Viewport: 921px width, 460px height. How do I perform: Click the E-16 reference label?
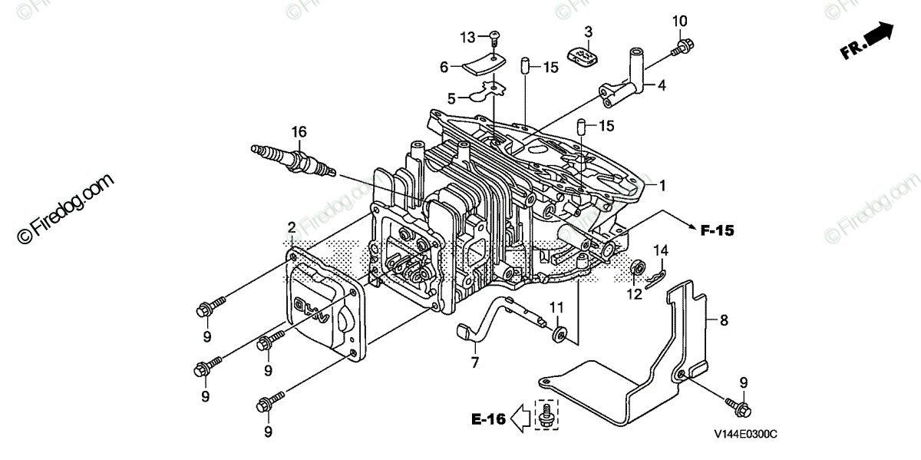point(488,419)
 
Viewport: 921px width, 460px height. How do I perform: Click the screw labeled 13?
point(494,35)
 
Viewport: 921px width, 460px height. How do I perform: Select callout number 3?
point(588,31)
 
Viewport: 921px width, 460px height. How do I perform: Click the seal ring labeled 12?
point(636,270)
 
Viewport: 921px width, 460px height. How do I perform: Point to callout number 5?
point(452,98)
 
